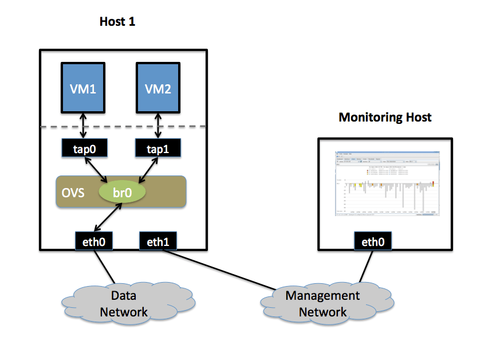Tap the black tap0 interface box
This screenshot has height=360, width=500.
(x=84, y=149)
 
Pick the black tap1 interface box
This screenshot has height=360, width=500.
(x=158, y=149)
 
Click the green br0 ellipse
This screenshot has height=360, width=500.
(x=122, y=192)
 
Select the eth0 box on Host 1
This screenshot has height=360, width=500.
(x=93, y=241)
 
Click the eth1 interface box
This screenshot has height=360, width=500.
(x=158, y=241)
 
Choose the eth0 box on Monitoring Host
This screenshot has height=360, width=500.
(x=373, y=241)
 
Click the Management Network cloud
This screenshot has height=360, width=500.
(x=322, y=304)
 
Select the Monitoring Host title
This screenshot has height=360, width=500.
(x=385, y=118)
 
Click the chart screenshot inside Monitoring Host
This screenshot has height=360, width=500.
(x=388, y=183)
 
